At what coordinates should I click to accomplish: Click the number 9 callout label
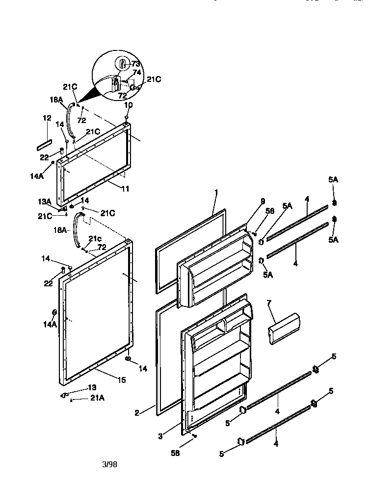pos(263,201)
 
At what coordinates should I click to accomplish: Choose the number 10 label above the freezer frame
pos(128,105)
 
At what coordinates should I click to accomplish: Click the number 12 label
pos(47,118)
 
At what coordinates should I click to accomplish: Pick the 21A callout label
pos(97,398)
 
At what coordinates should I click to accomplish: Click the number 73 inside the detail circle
pos(135,64)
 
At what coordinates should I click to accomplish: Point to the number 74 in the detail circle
pos(137,72)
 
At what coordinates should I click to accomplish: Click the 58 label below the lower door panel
pos(175,453)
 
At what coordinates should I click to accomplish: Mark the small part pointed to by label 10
pos(127,117)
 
